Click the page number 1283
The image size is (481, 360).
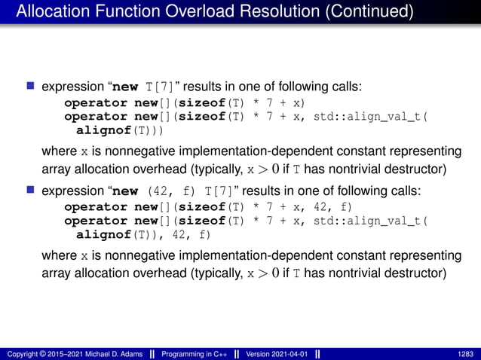(x=466, y=353)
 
